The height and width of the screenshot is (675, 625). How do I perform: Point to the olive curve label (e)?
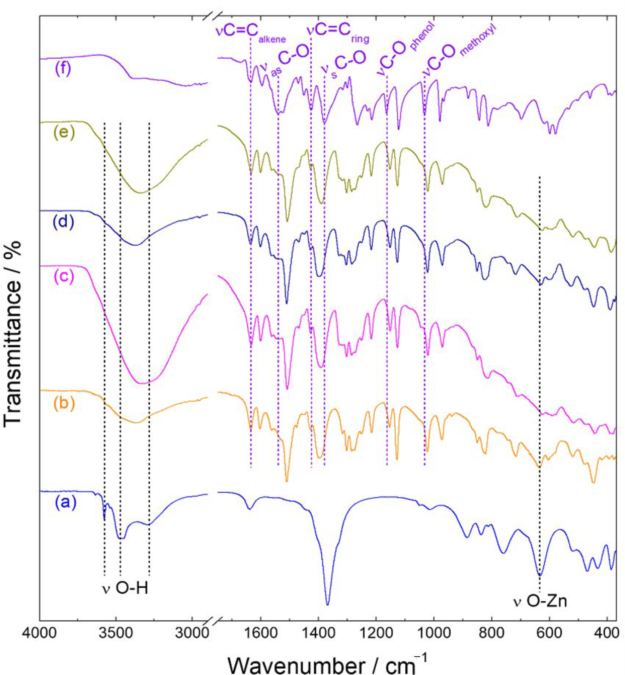(x=64, y=133)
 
